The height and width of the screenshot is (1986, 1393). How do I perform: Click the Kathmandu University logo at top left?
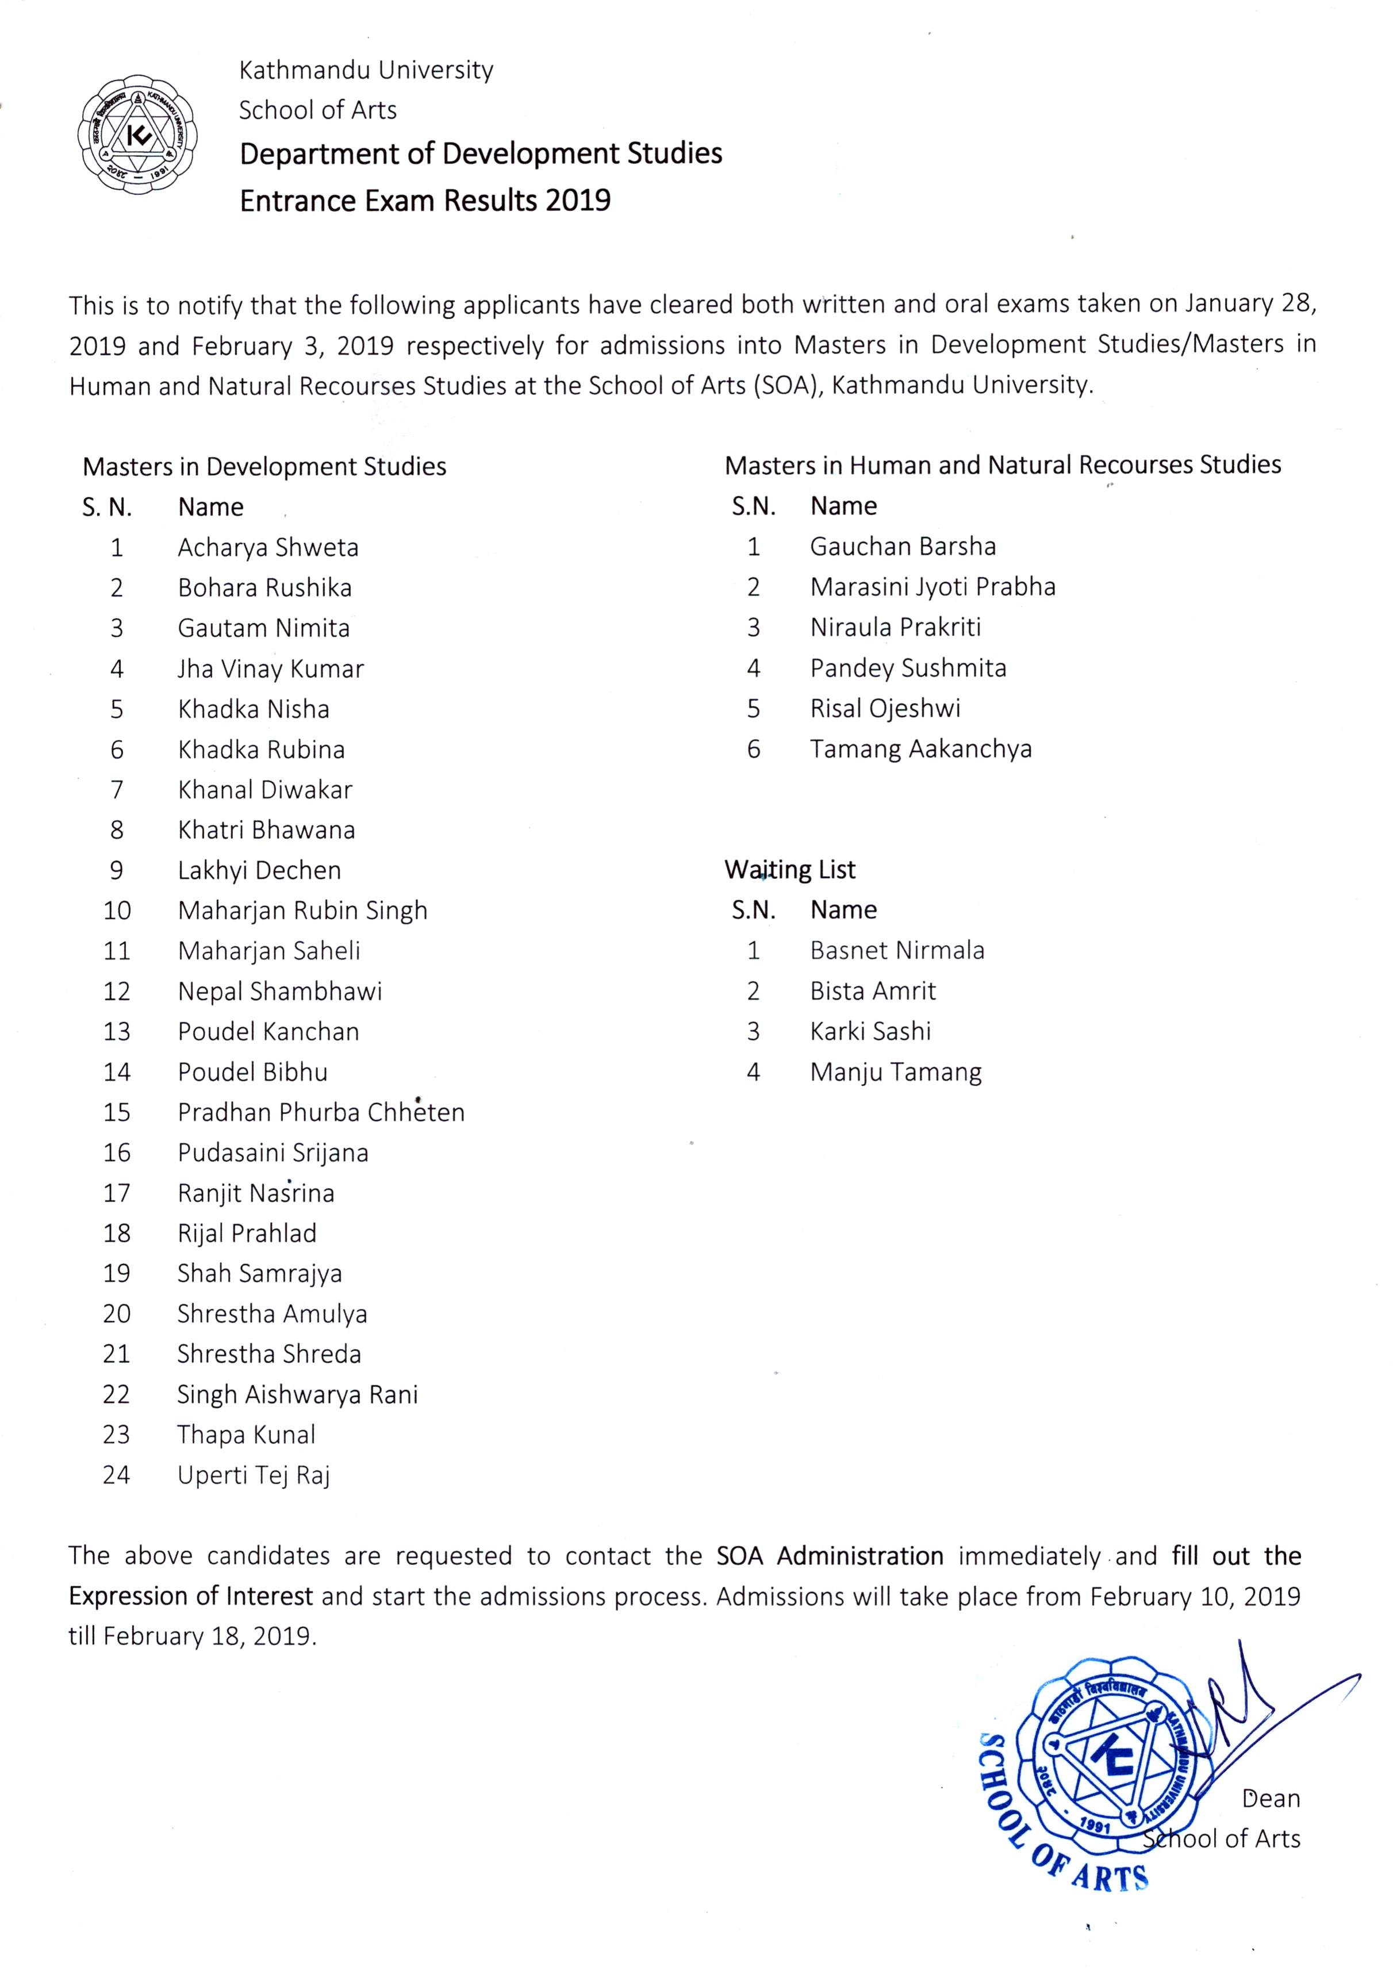[x=137, y=134]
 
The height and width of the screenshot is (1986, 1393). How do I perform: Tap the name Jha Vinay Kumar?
[x=270, y=669]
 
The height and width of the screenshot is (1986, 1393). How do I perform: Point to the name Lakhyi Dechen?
[x=259, y=870]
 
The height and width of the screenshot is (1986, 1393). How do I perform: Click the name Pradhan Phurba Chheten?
[x=321, y=1112]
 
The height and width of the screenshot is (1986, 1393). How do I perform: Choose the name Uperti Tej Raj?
[x=254, y=1475]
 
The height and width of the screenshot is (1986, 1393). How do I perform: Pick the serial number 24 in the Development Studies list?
[x=117, y=1475]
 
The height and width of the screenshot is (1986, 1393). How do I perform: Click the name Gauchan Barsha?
[x=903, y=547]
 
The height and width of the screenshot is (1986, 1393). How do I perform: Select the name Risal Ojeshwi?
[x=884, y=708]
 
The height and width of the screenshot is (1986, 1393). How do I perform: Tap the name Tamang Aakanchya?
[x=920, y=749]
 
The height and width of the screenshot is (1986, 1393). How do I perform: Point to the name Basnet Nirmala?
[x=896, y=951]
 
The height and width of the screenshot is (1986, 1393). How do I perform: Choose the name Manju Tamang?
[x=896, y=1073]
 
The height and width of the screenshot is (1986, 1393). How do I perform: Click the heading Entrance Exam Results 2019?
[x=425, y=201]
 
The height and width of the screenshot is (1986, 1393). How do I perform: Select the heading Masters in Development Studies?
[x=264, y=467]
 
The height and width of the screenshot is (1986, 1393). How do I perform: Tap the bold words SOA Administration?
[x=829, y=1556]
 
